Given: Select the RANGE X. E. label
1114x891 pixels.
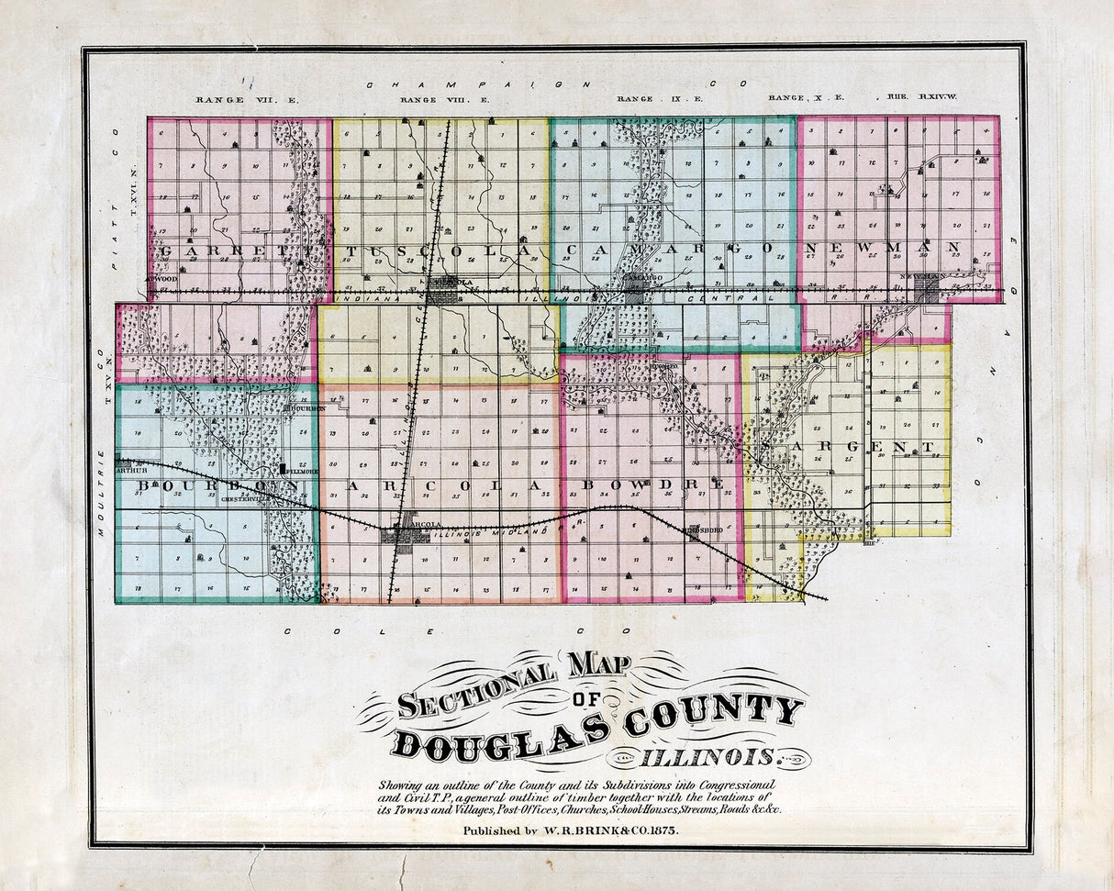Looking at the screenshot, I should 806,97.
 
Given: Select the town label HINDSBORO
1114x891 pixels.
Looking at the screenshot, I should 704,530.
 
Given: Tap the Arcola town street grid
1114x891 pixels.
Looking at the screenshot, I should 404,533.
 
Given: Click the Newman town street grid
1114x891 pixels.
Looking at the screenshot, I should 927,291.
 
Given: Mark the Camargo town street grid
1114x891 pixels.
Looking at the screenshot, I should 637,293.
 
